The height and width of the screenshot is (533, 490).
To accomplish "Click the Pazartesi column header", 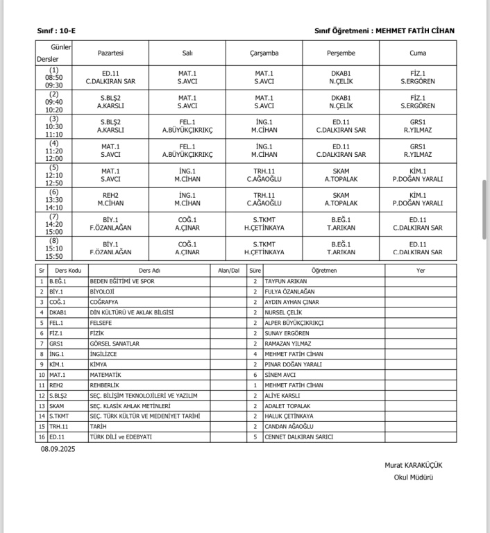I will coord(110,53).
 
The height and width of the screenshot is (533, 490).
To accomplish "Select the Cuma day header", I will coord(418,53).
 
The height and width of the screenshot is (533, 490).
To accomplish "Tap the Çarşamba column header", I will coord(264,53).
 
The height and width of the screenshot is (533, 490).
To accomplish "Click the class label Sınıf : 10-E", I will coord(57,31).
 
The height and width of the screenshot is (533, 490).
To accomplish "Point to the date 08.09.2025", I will coord(58,450).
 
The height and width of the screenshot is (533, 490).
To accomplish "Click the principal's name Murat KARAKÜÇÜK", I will coord(414,465).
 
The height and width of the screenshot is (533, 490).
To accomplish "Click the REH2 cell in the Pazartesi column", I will coord(110,199).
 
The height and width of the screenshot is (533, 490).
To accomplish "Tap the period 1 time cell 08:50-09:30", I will coord(54,78).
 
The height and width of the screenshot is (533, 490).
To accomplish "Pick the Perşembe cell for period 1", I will coord(341,78).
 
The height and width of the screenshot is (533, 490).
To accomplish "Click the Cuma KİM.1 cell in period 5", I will coord(418,175).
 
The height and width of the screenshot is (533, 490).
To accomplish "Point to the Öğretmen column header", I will coord(324,271).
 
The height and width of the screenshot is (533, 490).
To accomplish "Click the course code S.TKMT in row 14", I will coord(60,416).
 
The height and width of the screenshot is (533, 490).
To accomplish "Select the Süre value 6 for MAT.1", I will coord(255,375).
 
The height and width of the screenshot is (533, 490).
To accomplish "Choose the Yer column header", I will coord(421,271).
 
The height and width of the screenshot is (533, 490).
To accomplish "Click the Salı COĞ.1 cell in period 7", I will coord(187,223).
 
